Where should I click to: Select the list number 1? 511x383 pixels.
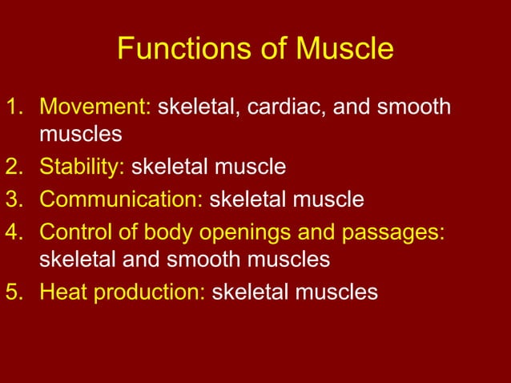[14, 107]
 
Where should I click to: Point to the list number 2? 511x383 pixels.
[14, 167]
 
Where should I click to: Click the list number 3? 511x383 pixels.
[14, 199]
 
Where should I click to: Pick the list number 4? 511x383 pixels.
[14, 231]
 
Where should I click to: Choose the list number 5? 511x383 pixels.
[14, 292]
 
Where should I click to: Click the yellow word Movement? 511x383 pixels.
[95, 107]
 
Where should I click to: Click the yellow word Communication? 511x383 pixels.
[121, 199]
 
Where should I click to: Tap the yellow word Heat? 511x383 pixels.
[63, 292]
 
